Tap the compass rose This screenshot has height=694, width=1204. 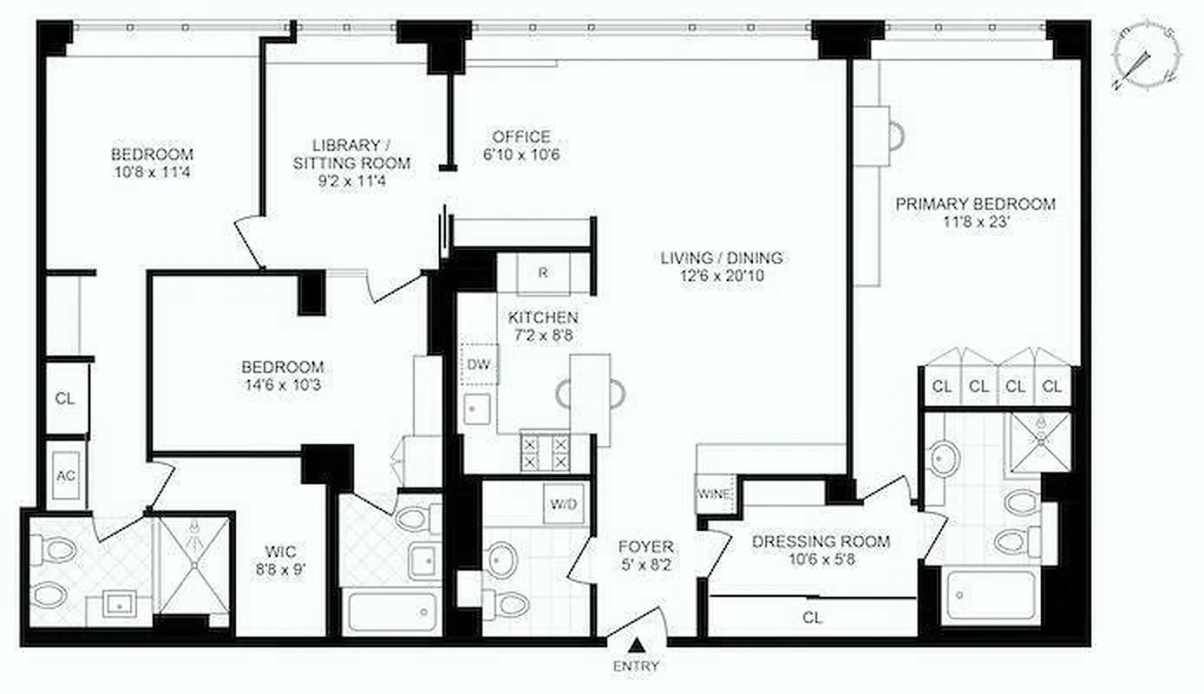coord(1145,60)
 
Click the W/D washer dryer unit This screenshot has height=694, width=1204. coord(561,503)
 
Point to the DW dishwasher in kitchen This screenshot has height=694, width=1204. coord(479,364)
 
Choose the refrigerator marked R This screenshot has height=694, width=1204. coord(543,273)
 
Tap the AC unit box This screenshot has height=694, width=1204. coord(66,476)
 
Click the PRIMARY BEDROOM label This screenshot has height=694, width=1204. coord(975,205)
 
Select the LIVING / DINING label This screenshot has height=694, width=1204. coord(722,258)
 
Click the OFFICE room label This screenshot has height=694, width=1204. coord(521,137)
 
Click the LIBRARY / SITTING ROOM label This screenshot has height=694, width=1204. coord(350,154)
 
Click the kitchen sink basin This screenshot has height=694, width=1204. coord(477,409)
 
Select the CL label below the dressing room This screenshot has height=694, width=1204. coord(812,618)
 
